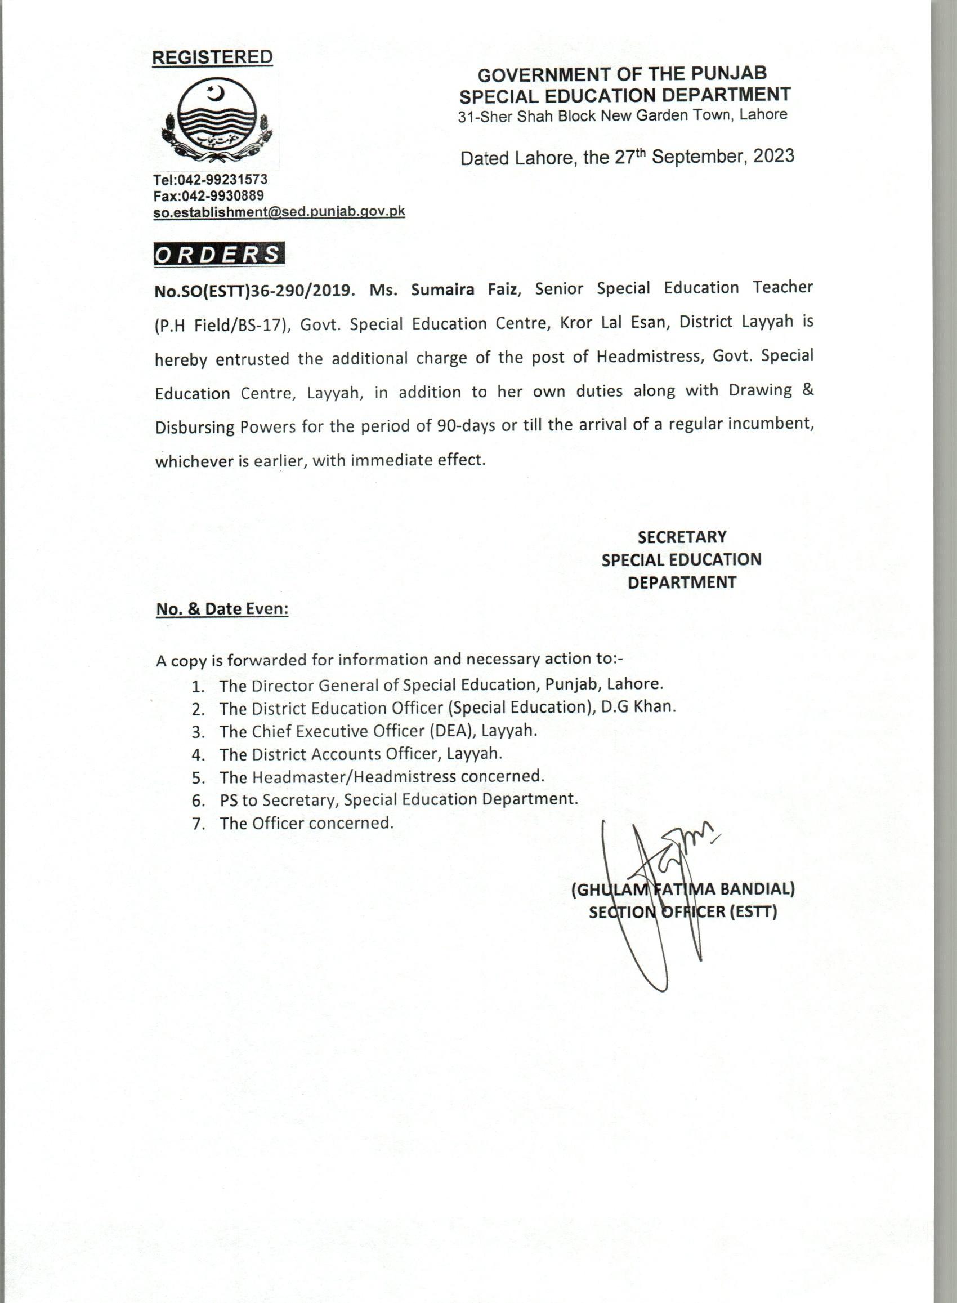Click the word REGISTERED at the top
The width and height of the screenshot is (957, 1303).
pyautogui.click(x=212, y=57)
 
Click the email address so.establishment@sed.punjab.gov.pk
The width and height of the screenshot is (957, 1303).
pyautogui.click(x=279, y=212)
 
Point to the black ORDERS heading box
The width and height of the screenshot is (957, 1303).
pyautogui.click(x=219, y=255)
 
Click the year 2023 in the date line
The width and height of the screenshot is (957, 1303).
pyautogui.click(x=773, y=157)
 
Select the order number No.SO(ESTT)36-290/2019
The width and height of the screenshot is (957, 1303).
pyautogui.click(x=254, y=290)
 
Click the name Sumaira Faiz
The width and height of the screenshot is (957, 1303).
pyautogui.click(x=463, y=289)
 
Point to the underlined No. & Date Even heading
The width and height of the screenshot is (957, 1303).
pyautogui.click(x=222, y=609)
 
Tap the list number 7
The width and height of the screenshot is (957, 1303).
pyautogui.click(x=199, y=824)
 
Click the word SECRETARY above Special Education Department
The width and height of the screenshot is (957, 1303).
pyautogui.click(x=682, y=537)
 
